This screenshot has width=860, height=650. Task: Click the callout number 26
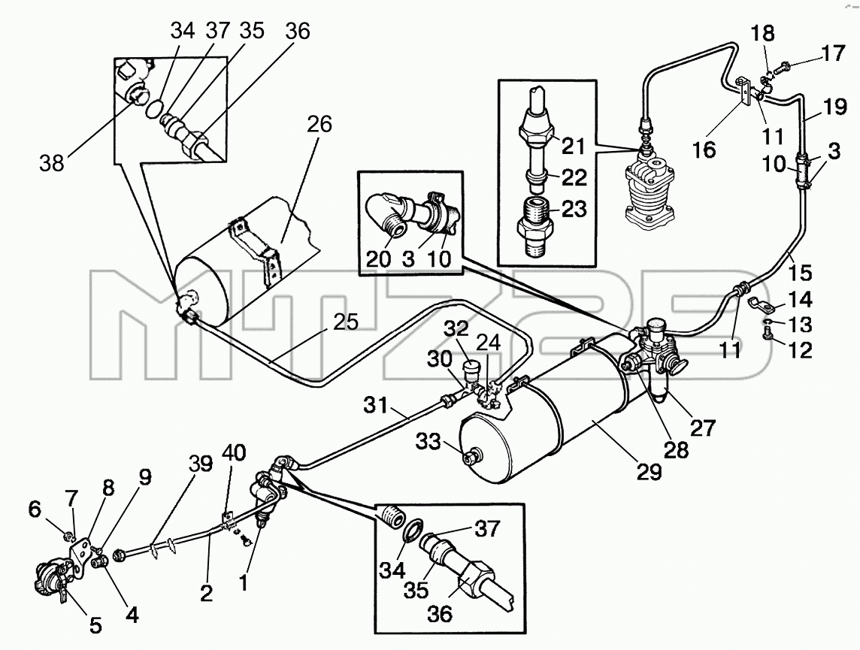(x=319, y=125)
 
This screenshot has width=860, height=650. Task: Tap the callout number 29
(x=649, y=471)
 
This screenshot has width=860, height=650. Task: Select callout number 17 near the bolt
(x=834, y=55)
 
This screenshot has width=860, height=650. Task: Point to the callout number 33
(x=428, y=440)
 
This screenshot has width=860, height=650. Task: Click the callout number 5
(x=95, y=624)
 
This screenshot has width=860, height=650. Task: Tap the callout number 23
(x=574, y=209)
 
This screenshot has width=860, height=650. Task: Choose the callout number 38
(x=52, y=162)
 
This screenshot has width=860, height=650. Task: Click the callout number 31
(x=376, y=406)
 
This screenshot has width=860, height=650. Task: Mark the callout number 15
(x=800, y=272)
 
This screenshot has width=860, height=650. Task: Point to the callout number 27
(x=702, y=427)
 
